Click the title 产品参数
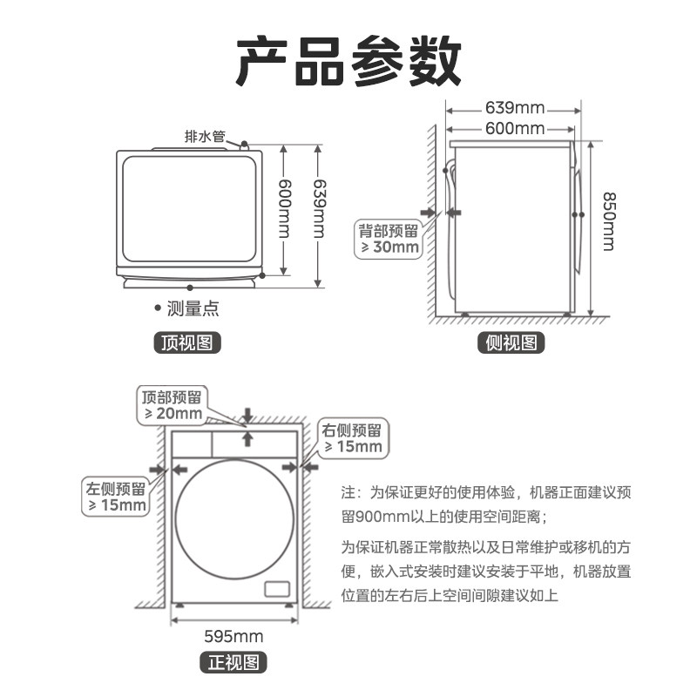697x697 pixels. [348, 62]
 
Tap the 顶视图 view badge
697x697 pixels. [186, 342]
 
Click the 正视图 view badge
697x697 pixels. [233, 663]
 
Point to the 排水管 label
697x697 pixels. [205, 136]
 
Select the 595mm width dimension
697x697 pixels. [233, 635]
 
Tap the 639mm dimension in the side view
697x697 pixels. [514, 109]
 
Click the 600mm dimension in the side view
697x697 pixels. [514, 129]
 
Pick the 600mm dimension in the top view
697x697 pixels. [284, 209]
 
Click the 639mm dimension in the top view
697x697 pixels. [319, 209]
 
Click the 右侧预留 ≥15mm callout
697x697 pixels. [352, 438]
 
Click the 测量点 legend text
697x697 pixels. [192, 308]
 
